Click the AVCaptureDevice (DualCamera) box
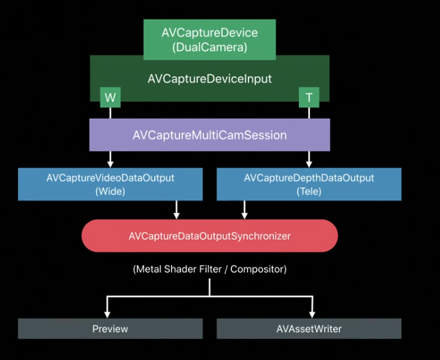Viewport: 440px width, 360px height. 209,39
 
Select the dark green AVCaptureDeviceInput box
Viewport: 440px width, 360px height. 209,79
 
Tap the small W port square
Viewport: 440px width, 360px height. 110,97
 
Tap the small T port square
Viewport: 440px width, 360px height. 309,97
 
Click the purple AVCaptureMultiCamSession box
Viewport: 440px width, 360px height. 209,135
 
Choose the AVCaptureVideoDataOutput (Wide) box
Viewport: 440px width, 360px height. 110,184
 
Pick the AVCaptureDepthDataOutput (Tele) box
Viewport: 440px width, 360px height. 309,184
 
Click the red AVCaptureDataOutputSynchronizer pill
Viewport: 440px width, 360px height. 209,236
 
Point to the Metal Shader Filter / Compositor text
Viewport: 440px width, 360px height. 209,269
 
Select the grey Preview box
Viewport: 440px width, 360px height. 110,329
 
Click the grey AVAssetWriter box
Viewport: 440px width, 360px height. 309,329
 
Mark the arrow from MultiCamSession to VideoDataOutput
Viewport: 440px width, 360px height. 110,159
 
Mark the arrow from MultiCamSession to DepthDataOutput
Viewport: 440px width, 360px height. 309,159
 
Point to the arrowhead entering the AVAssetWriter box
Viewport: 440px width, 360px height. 312,314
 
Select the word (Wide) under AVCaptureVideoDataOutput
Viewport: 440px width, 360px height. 110,191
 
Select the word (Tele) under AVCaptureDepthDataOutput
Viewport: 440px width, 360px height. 309,191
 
